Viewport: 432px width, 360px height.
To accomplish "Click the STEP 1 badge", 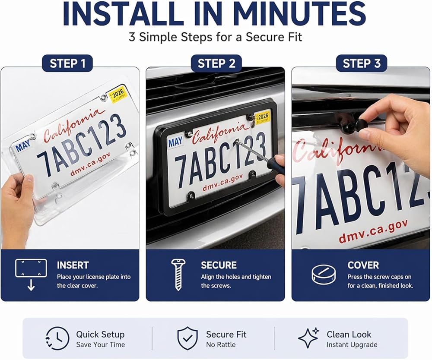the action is tap(67, 63).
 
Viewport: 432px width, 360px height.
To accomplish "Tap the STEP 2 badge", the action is tap(216, 63).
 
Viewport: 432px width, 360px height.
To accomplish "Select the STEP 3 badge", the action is tap(362, 63).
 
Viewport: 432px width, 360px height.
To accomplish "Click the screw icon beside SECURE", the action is tap(178, 275).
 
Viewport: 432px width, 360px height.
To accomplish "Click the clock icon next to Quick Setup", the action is tap(57, 338).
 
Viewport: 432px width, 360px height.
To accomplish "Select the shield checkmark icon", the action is tap(187, 338).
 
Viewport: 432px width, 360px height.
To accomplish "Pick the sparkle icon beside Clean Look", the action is tap(308, 338).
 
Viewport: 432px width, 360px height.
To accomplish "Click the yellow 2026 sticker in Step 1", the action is tap(118, 95).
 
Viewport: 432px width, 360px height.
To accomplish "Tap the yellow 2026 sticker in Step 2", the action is tap(262, 117).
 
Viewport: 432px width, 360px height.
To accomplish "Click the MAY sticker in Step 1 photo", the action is tap(22, 145).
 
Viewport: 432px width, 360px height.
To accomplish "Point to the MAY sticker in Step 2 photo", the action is tap(175, 142).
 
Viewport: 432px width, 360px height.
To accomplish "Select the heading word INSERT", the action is tap(73, 265).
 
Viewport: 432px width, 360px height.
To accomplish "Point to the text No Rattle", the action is tap(221, 344).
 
